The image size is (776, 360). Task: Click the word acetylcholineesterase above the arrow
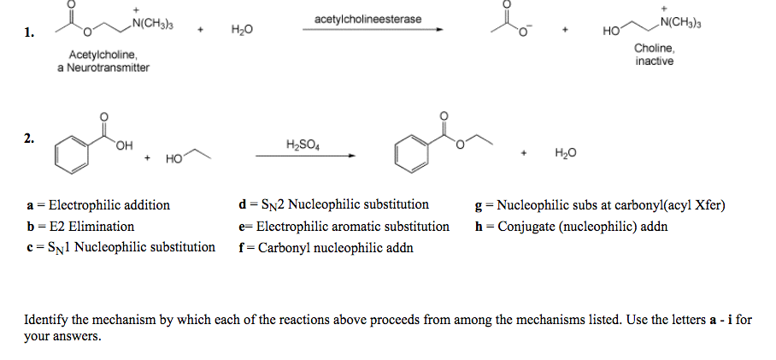pos(367,19)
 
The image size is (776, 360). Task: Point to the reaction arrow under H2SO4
pos(304,156)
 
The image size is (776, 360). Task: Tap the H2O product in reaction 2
pos(566,153)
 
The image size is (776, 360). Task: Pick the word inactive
pos(655,62)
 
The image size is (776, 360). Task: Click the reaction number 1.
pos(29,33)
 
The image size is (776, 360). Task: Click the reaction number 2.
pos(29,139)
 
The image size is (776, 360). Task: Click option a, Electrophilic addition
pos(99,205)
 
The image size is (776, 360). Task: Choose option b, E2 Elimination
pos(81,227)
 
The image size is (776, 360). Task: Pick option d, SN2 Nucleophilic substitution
pos(335,205)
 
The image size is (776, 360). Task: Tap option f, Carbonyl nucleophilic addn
pos(326,248)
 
